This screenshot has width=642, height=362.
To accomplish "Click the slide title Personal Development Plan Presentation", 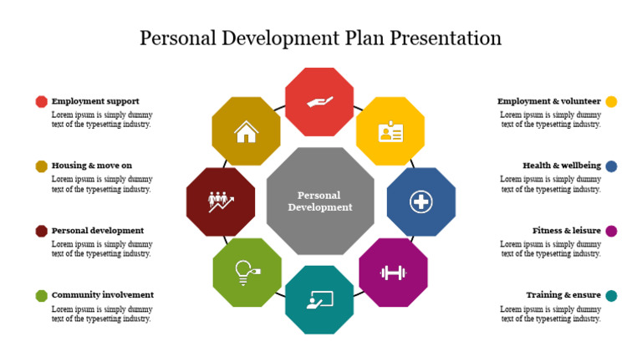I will pyautogui.click(x=320, y=38).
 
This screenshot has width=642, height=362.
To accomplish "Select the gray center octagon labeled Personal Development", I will pyautogui.click(x=320, y=201).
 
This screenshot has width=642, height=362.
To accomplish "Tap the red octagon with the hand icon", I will pyautogui.click(x=319, y=102).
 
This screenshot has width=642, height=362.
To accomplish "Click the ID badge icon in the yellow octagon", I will pyautogui.click(x=390, y=131).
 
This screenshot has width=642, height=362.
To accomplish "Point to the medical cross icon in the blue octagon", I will pyautogui.click(x=420, y=201).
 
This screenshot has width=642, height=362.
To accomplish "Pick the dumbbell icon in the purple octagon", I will pyautogui.click(x=392, y=272).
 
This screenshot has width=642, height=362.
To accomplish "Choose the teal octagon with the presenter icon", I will pyautogui.click(x=319, y=299).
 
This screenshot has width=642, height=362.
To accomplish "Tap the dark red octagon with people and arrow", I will pyautogui.click(x=221, y=201).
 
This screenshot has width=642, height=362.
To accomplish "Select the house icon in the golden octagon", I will pyautogui.click(x=246, y=131).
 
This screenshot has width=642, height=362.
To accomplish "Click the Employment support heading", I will pyautogui.click(x=95, y=101).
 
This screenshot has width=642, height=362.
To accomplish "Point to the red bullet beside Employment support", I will pyautogui.click(x=42, y=101).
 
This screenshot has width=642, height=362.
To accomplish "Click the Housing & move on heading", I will pyautogui.click(x=92, y=166).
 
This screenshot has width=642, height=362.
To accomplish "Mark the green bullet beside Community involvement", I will pyautogui.click(x=42, y=295).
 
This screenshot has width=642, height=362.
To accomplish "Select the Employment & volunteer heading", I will pyautogui.click(x=548, y=101).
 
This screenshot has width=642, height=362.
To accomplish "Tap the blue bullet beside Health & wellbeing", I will pyautogui.click(x=611, y=166).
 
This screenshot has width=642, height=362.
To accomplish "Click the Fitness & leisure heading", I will pyautogui.click(x=566, y=231).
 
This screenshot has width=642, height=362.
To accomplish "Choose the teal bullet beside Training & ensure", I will pyautogui.click(x=611, y=295).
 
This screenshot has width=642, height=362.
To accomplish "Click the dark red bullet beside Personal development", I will pyautogui.click(x=42, y=231).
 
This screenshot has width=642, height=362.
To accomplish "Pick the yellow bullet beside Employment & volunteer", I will pyautogui.click(x=611, y=101).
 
